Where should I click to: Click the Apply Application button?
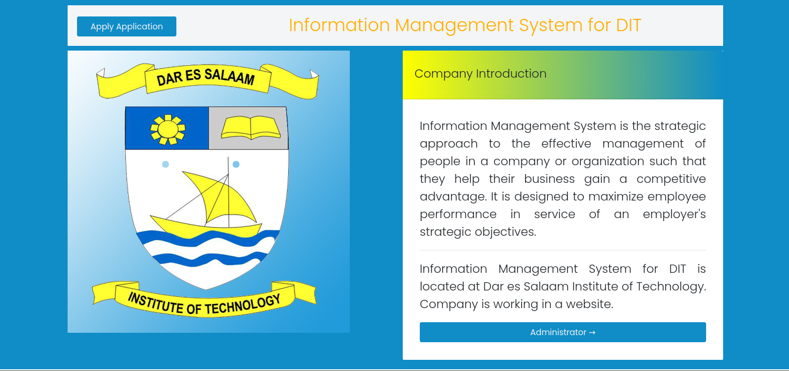[126, 26]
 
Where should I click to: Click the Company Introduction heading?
[480, 73]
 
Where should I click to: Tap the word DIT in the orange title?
[628, 25]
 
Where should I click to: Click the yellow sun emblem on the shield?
[168, 129]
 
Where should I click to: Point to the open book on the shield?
[250, 127]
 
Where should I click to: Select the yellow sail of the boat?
[220, 197]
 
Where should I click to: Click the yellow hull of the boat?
[206, 226]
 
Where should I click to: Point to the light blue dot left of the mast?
[166, 165]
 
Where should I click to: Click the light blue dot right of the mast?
[236, 165]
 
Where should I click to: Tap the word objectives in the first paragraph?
[506, 232]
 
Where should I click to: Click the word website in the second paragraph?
[590, 304]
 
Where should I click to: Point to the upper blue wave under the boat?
[206, 240]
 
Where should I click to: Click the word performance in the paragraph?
[458, 214]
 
